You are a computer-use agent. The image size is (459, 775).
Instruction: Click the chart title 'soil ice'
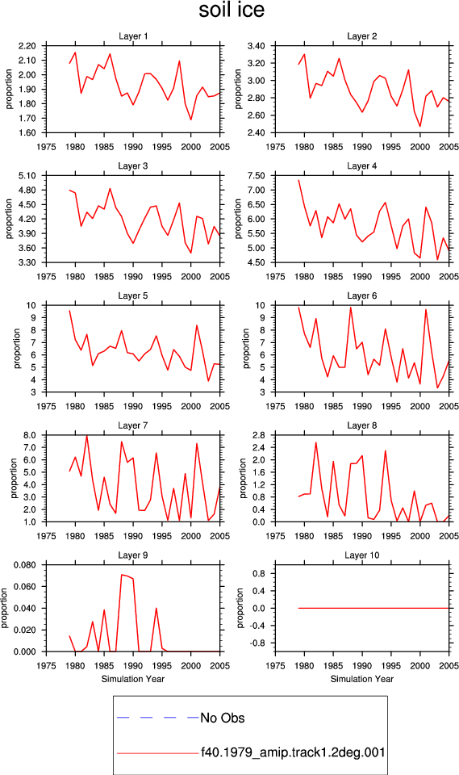tap(232, 10)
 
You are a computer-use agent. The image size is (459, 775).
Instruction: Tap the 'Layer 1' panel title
tap(133, 36)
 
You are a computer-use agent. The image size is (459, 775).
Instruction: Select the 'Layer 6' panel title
tap(361, 295)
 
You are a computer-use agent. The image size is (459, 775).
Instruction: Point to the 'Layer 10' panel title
tap(361, 555)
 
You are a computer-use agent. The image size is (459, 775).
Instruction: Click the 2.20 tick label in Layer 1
tap(27, 46)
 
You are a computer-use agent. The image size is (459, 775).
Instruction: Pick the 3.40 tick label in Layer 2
tap(257, 46)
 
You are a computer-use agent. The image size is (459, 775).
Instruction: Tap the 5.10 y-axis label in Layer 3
tap(27, 175)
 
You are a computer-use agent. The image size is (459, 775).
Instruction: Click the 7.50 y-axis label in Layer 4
tap(257, 175)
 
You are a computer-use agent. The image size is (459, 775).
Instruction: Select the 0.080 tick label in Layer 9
tap(25, 565)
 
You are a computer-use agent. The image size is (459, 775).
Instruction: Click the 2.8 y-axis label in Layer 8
tap(259, 435)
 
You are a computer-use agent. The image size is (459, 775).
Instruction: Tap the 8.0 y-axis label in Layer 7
tap(30, 435)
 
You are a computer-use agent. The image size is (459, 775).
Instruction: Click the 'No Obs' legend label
tap(223, 718)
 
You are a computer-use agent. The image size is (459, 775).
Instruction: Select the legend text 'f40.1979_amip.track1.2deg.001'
tap(293, 752)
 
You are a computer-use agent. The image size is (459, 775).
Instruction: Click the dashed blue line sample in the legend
tap(157, 717)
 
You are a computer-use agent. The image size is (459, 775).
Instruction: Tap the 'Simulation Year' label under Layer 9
tap(133, 679)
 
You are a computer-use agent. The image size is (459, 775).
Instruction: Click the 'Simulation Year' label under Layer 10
tap(361, 679)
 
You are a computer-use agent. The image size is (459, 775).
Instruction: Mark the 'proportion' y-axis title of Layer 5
tap(17, 349)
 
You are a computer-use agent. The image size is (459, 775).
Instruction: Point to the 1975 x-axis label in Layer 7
tap(46, 536)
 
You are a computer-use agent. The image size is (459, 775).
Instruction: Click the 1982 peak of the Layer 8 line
tap(315, 442)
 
